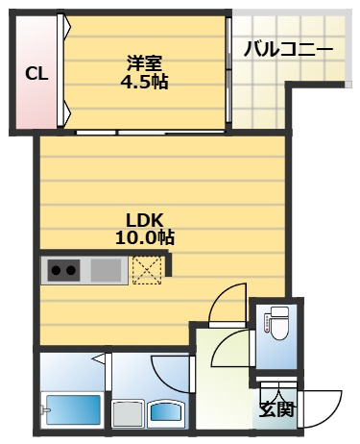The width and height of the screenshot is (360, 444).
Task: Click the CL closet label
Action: (x=36, y=74)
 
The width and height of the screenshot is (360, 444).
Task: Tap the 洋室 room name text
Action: (x=145, y=63)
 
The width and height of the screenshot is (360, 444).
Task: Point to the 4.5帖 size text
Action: (x=144, y=83)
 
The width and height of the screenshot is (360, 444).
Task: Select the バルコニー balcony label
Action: (x=288, y=50)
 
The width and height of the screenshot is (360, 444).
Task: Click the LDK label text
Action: (x=145, y=220)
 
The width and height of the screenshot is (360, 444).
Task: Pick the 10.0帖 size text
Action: (x=145, y=237)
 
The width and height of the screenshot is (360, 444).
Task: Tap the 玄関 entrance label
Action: (x=276, y=409)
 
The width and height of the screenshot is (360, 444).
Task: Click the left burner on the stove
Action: (x=57, y=271)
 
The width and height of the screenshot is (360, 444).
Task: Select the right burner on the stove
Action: (x=71, y=271)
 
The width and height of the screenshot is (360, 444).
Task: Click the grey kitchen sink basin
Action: (x=106, y=270)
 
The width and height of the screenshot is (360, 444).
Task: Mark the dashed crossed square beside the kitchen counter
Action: (x=147, y=270)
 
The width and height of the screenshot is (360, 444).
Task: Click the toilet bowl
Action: (x=279, y=324)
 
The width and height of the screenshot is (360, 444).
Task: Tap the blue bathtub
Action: (x=74, y=409)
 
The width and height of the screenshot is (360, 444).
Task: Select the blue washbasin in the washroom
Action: (x=165, y=412)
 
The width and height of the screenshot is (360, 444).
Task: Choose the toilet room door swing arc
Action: (x=224, y=344)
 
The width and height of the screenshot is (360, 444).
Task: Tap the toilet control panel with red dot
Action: (x=266, y=323)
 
